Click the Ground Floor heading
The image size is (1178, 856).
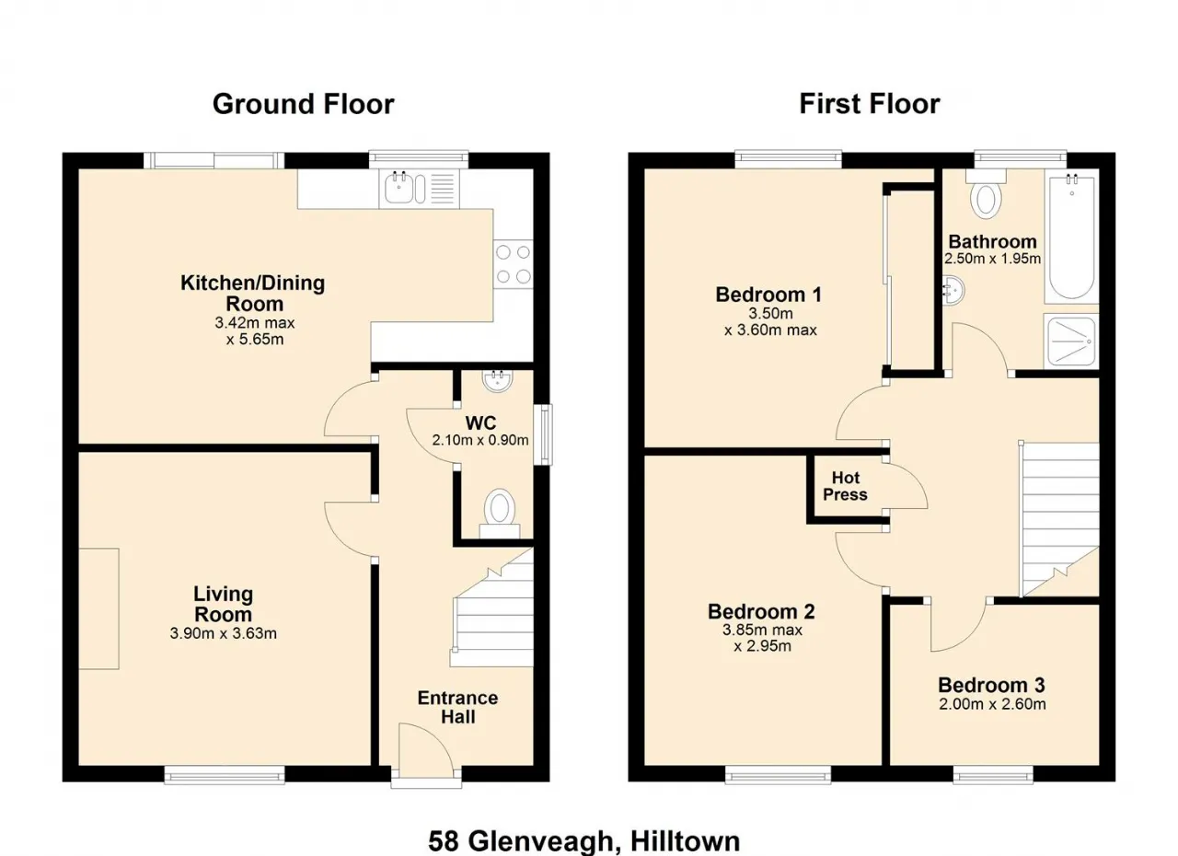tap(304, 104)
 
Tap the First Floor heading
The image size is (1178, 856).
tap(870, 104)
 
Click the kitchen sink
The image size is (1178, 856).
tap(405, 189)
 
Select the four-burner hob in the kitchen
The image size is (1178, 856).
tap(514, 265)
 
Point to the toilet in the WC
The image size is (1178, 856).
tap(499, 514)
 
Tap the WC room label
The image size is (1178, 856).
tap(480, 422)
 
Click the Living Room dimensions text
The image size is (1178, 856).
tap(223, 633)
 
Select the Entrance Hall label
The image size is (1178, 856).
tap(458, 707)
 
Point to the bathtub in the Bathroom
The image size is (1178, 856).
tap(1072, 237)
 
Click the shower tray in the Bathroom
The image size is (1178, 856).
tap(1071, 341)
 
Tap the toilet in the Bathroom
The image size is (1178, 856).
tap(986, 193)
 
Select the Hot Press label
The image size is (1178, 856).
tap(845, 486)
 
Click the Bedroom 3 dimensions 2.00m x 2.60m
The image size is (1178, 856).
tap(992, 704)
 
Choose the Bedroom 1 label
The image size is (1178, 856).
tap(768, 295)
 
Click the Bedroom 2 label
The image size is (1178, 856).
tap(761, 611)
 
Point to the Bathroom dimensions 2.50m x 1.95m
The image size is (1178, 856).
tap(992, 259)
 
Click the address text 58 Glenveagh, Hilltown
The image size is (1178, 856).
tap(583, 840)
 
